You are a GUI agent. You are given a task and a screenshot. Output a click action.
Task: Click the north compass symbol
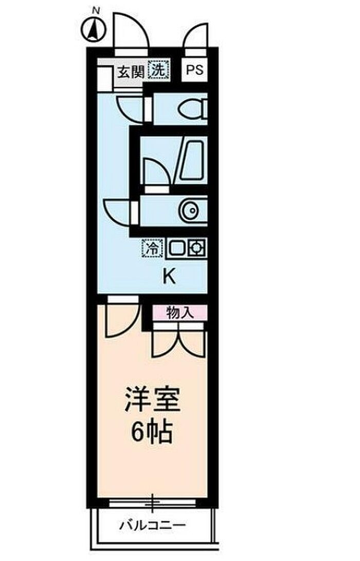(94, 29)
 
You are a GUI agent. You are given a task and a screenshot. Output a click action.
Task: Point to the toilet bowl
(194, 109)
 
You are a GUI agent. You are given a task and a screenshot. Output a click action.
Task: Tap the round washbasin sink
(189, 210)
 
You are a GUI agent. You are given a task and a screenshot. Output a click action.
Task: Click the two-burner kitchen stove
(186, 248)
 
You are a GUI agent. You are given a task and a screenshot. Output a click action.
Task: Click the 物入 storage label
(179, 312)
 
